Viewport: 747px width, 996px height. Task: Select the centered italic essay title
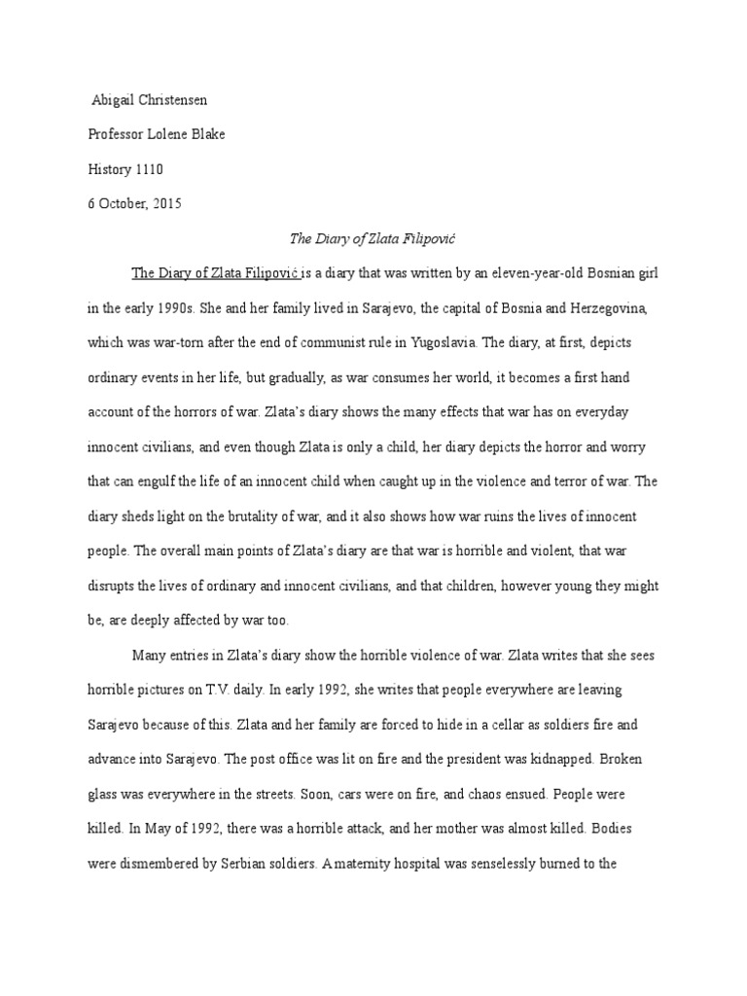(374, 238)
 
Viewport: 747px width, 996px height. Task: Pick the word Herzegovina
(609, 309)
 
